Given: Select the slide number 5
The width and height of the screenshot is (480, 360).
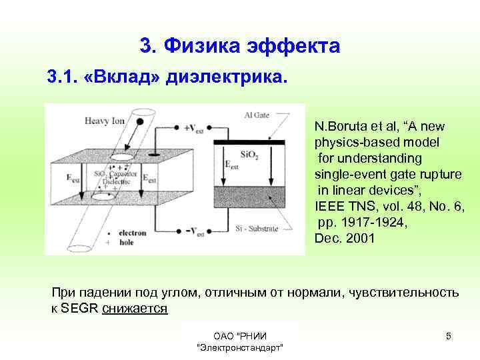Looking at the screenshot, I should [x=449, y=336].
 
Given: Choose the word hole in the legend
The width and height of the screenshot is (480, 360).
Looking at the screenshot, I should [x=126, y=243].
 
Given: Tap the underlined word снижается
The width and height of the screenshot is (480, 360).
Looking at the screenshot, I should [x=135, y=309].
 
